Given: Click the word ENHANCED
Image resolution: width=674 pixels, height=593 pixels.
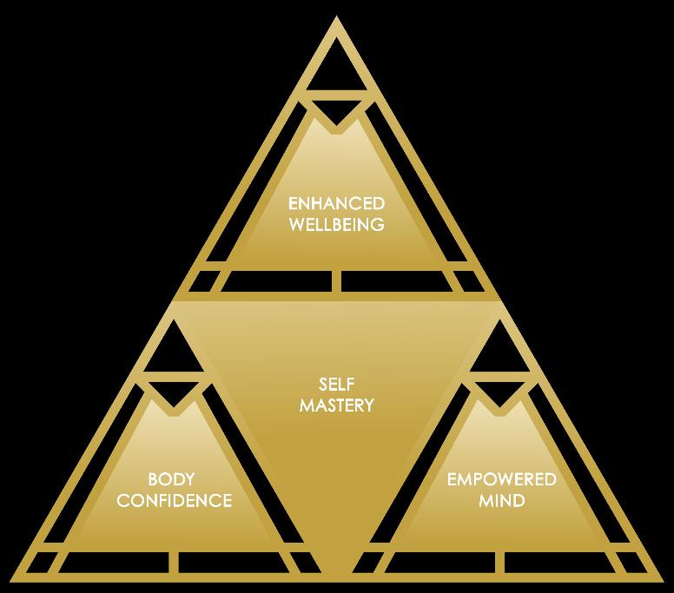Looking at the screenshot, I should coord(337,204).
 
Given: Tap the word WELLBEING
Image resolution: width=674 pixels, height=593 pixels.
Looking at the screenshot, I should coord(337,224).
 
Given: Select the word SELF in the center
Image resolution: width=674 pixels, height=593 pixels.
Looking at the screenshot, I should coord(337,383).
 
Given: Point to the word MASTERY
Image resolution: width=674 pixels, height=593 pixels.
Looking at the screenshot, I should coord(337,404).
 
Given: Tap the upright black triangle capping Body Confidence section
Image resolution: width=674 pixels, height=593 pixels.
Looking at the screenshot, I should coord(171,353).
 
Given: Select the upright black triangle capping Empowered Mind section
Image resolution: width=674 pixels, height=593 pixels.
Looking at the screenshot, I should coord(501,353).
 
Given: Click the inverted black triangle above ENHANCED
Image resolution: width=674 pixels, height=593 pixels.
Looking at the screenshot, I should coord(337,113).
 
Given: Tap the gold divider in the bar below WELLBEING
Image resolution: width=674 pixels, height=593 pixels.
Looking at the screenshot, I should coord(337,282).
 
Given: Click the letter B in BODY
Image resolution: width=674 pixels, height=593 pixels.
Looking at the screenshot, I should coord(152,479).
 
